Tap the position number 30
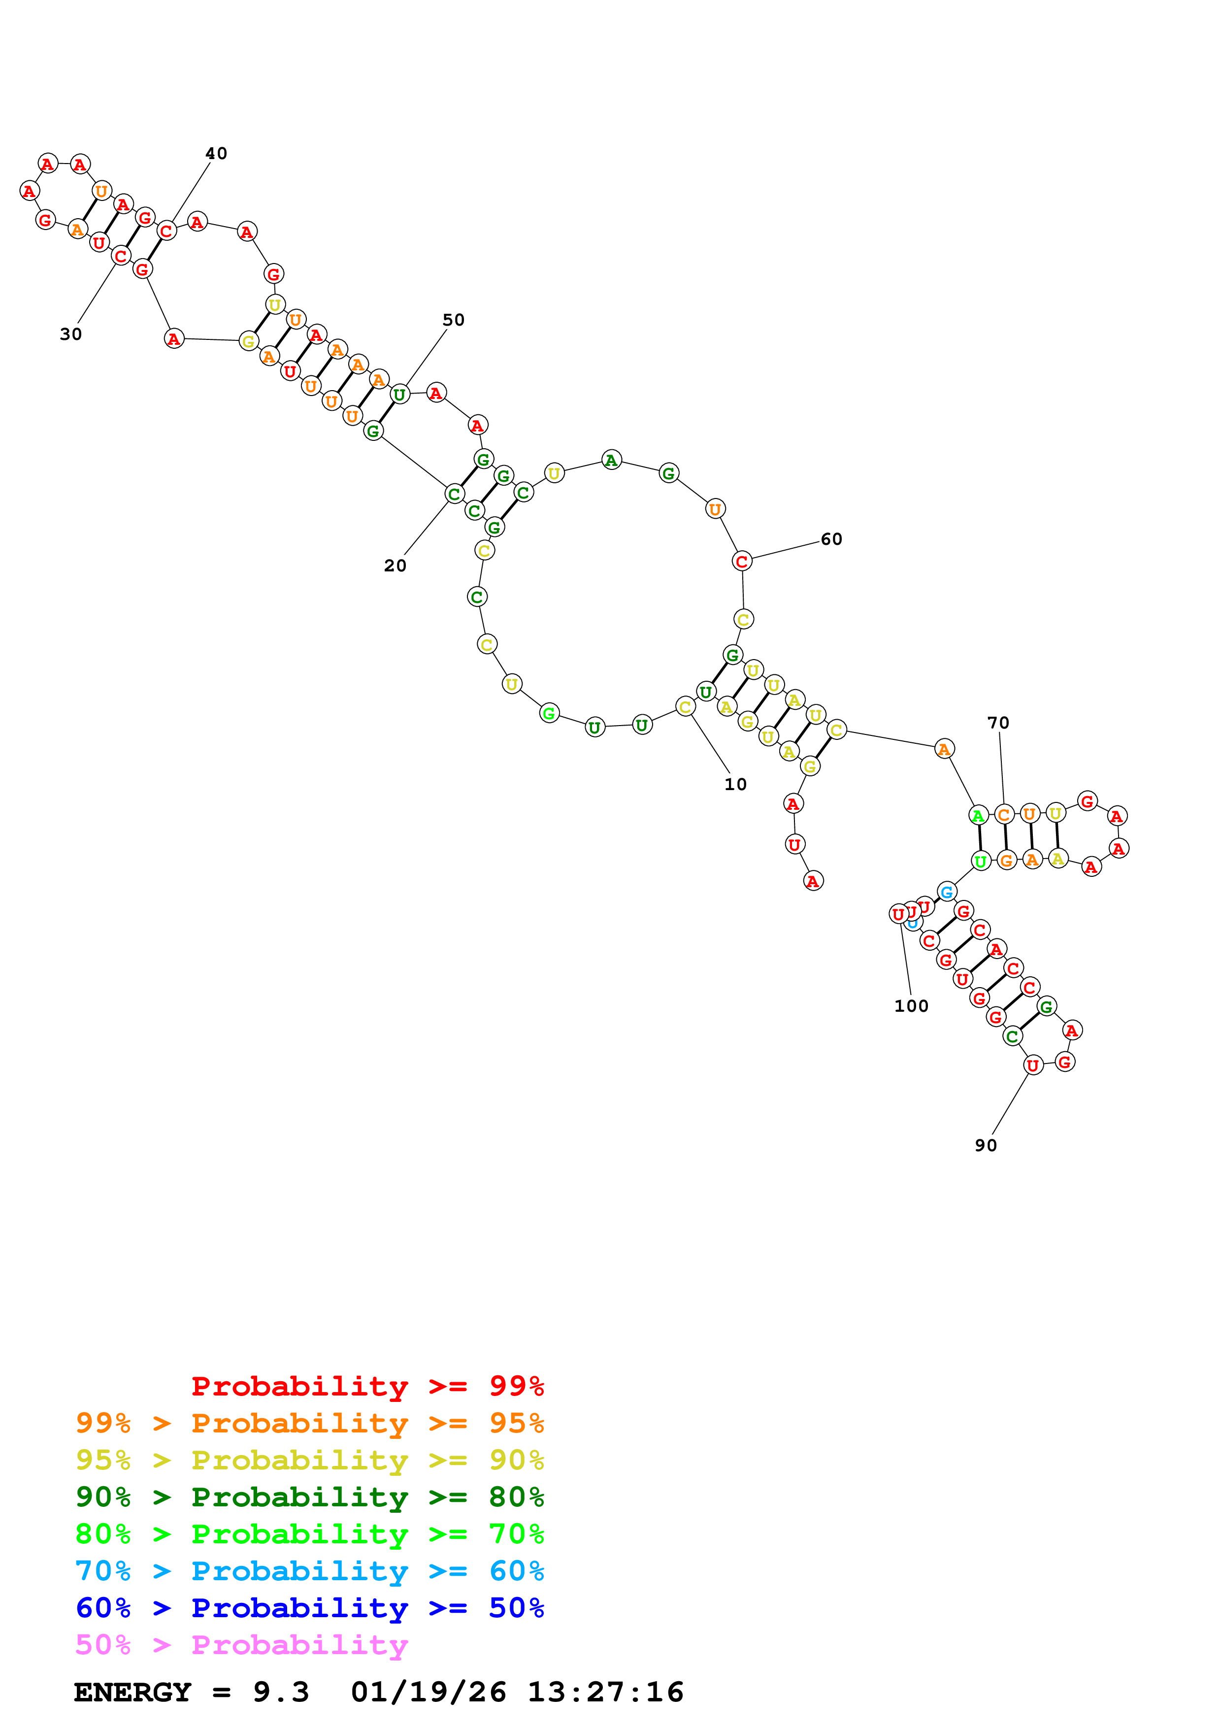coord(71,334)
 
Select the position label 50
coord(453,320)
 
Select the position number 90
coord(986,1145)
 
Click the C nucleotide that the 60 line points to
coord(742,561)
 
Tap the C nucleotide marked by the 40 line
coord(166,231)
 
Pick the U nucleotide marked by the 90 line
coord(1033,1065)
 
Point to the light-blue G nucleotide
coord(946,892)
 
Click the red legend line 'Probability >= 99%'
coord(367,1386)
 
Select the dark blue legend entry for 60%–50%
coord(309,1608)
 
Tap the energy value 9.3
coord(281,1692)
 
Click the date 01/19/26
coord(428,1692)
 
